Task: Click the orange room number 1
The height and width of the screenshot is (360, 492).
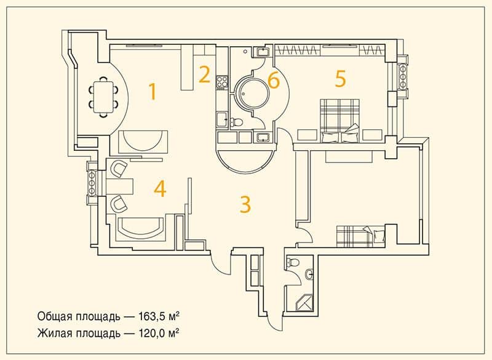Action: pyautogui.click(x=153, y=91)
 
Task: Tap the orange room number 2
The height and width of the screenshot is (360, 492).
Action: pyautogui.click(x=205, y=74)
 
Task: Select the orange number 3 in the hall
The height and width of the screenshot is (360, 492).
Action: pyautogui.click(x=245, y=204)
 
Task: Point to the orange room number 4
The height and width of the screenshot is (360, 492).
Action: pyautogui.click(x=160, y=189)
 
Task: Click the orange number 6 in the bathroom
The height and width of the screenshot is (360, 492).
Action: pyautogui.click(x=273, y=81)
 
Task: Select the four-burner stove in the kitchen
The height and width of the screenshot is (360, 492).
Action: pyautogui.click(x=222, y=82)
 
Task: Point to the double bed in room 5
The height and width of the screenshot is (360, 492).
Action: pyautogui.click(x=340, y=120)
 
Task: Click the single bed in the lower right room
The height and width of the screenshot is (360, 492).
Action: pyautogui.click(x=360, y=236)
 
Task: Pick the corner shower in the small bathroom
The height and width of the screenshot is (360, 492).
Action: pyautogui.click(x=304, y=303)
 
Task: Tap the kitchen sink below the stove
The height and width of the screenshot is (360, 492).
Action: pyautogui.click(x=222, y=120)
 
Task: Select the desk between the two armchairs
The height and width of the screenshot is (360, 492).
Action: pyautogui.click(x=120, y=186)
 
